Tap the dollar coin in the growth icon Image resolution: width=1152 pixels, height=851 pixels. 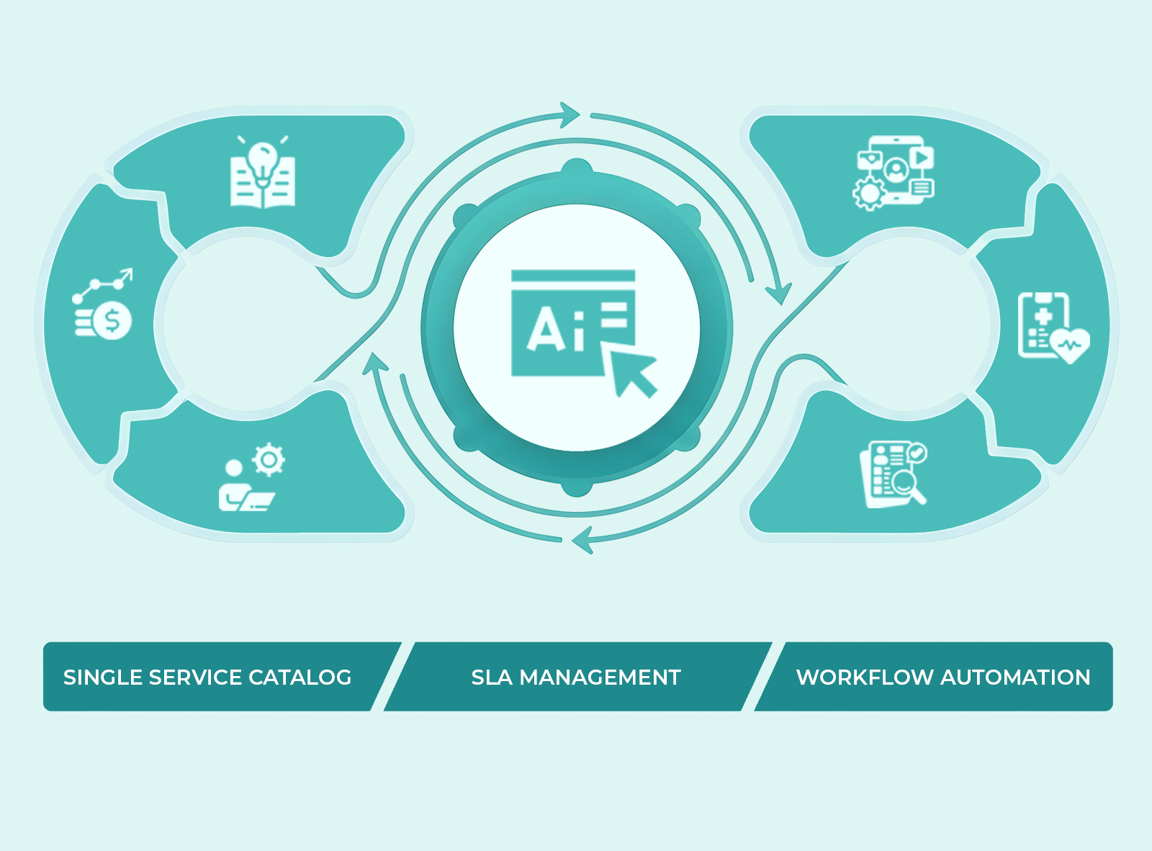tap(113, 320)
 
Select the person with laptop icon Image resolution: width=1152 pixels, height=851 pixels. tap(243, 490)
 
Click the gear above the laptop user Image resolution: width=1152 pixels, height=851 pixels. tap(269, 459)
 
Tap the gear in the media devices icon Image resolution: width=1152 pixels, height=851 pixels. tap(870, 193)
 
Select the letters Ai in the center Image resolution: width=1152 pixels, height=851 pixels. tap(554, 330)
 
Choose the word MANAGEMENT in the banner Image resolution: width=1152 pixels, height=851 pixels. tap(600, 677)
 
